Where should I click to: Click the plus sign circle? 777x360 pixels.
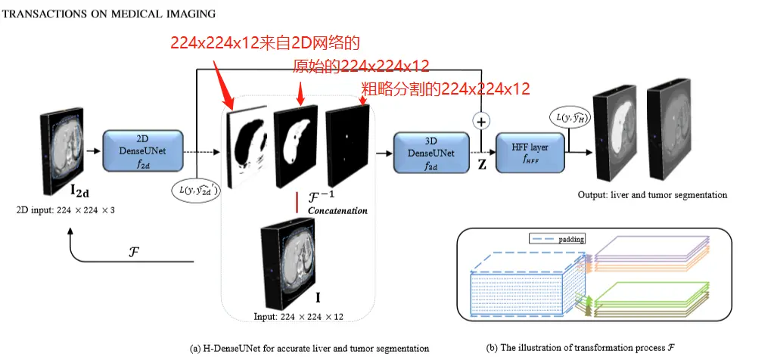(480, 119)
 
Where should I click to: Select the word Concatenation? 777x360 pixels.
(338, 210)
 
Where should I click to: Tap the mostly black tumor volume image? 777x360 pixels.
(347, 144)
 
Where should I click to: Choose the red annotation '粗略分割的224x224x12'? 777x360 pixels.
(445, 88)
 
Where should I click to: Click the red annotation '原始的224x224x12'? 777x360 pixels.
(362, 67)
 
